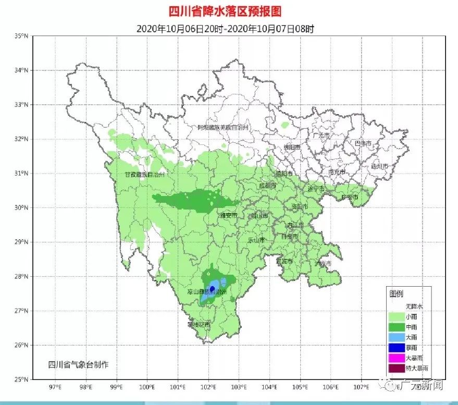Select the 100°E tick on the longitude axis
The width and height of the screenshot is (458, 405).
(x=147, y=387)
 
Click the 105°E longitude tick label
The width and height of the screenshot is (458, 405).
(x=301, y=387)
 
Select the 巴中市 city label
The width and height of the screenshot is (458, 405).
(x=363, y=143)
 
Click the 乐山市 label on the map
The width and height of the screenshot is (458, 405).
(x=256, y=240)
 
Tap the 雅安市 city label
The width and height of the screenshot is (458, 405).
(x=228, y=215)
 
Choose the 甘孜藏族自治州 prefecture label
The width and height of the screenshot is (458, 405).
(x=144, y=175)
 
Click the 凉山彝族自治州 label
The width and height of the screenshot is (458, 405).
(x=207, y=293)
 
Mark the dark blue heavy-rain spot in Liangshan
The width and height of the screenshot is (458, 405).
(x=212, y=288)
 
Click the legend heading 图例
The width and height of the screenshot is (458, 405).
(x=396, y=294)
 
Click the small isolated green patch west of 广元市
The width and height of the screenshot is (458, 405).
(x=284, y=126)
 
